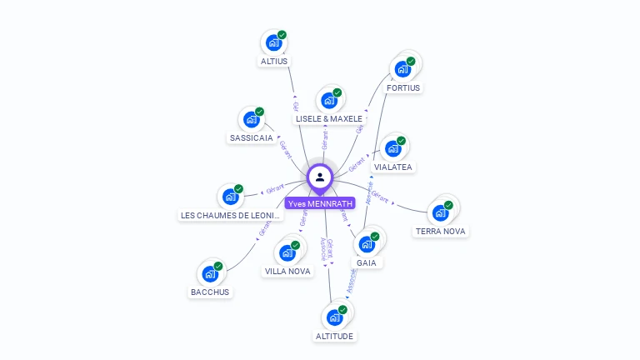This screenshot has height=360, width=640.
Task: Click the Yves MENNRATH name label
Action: [x=320, y=203]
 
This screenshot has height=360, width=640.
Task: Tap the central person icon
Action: [x=320, y=177]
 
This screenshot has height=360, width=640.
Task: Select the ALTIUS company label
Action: [x=274, y=61]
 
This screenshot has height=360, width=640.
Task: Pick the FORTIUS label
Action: [x=403, y=87]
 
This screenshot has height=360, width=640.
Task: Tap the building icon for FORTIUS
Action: [x=402, y=68]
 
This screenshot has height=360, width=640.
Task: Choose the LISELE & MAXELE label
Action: [x=329, y=119]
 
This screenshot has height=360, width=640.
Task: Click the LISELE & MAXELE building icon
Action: [x=328, y=101]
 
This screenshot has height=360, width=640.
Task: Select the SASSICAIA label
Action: [x=251, y=137]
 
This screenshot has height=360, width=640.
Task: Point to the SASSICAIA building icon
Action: [x=251, y=119]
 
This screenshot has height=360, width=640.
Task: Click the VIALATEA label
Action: [x=393, y=167]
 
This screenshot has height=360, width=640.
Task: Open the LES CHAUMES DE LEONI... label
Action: [x=232, y=215]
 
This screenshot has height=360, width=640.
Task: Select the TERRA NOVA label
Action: [x=441, y=231]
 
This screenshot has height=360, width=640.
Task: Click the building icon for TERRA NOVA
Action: [x=440, y=212]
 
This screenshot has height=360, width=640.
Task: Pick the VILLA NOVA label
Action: [x=287, y=271]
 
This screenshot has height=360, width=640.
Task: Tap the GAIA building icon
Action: [x=366, y=245]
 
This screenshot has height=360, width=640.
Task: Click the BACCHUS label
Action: [x=210, y=292]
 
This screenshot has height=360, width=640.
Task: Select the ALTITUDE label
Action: [x=334, y=336]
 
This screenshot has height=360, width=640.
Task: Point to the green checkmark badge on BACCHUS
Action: [x=218, y=266]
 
